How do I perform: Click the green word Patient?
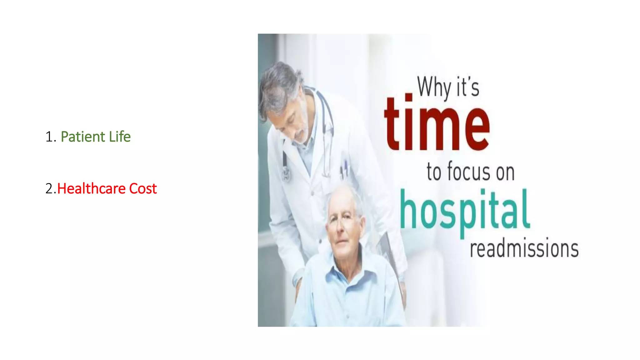(83, 137)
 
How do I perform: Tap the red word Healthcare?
(91, 189)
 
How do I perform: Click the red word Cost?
(143, 189)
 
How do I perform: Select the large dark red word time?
(437, 125)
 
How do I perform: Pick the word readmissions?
(524, 249)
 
